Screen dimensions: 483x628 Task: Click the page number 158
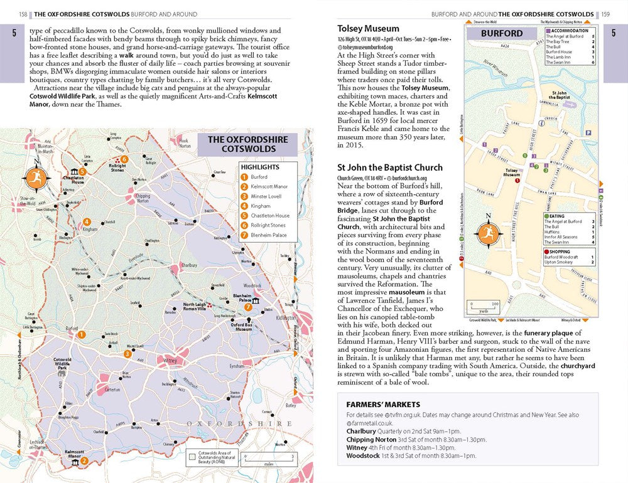pos(23,14)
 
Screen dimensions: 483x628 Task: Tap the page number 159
pos(605,14)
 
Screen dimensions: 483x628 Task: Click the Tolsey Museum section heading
pos(368,28)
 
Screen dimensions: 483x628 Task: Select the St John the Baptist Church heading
pos(389,167)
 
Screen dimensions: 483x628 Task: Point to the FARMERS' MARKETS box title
pos(379,405)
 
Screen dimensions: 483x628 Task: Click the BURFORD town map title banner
pos(502,33)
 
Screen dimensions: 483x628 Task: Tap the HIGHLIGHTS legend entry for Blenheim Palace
pos(268,235)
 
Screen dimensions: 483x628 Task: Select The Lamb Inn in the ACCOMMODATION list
pos(559,57)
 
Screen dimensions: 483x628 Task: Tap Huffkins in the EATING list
pos(553,231)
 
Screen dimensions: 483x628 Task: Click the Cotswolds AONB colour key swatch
pos(192,457)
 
